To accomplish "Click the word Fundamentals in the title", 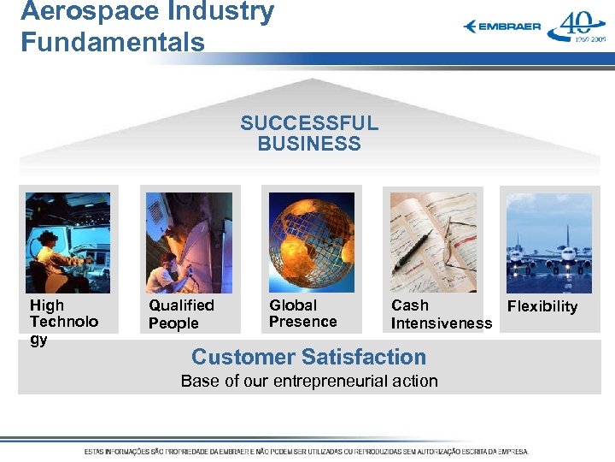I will (x=113, y=42).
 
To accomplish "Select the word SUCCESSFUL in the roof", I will (x=309, y=123).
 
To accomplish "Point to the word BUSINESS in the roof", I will (x=309, y=144).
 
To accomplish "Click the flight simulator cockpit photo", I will (x=67, y=243).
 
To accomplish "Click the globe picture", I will (x=311, y=243).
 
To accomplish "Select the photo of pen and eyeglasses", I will (x=433, y=243).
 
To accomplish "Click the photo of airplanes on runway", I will (x=548, y=243).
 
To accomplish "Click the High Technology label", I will (x=63, y=322).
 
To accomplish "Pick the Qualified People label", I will (x=181, y=314).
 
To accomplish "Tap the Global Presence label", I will (x=302, y=313).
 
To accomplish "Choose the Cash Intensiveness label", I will (x=441, y=314).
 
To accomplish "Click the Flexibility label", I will (x=542, y=306).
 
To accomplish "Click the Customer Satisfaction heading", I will (x=308, y=357).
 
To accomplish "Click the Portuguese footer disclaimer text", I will (x=307, y=451).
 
